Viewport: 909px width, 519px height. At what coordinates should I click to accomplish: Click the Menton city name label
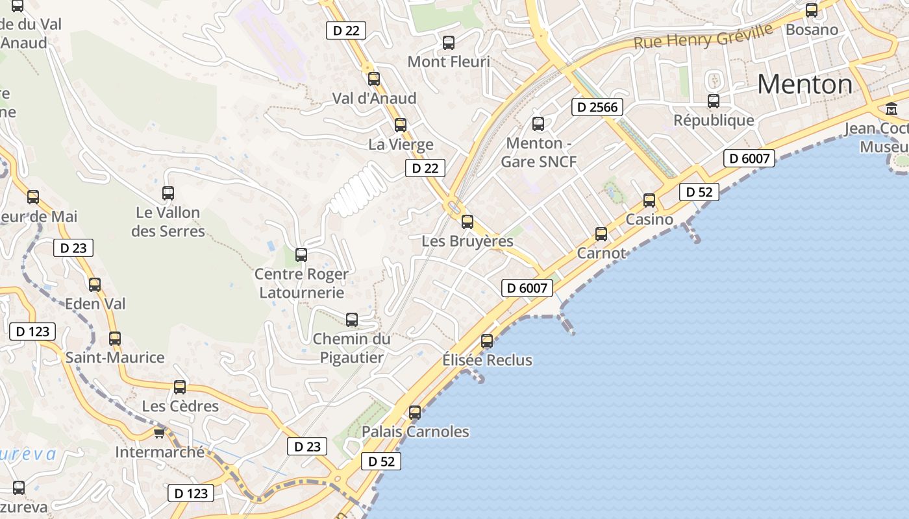click(804, 84)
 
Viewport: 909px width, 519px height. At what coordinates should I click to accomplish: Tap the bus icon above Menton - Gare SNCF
click(538, 124)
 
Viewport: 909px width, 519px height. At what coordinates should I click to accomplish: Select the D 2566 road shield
click(597, 107)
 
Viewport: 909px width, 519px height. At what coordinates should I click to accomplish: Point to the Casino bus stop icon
click(649, 200)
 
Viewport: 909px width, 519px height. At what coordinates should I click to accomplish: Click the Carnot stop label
click(601, 253)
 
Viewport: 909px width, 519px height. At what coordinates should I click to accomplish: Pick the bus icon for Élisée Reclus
click(487, 341)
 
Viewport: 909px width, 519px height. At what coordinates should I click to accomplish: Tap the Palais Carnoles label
click(415, 431)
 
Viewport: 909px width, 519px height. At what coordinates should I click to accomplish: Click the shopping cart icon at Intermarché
click(159, 433)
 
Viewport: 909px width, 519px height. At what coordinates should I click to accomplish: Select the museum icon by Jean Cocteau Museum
click(891, 109)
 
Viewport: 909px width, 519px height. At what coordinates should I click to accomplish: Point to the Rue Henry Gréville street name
click(703, 36)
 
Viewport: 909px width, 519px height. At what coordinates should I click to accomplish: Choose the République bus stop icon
click(714, 101)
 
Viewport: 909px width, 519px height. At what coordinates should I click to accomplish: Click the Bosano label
click(812, 30)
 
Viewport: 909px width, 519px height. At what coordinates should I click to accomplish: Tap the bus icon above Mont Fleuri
click(449, 43)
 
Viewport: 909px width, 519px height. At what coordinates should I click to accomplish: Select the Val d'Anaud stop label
click(374, 99)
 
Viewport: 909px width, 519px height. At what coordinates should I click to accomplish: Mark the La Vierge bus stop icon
click(401, 125)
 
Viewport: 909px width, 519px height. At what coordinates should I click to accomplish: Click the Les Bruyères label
click(467, 241)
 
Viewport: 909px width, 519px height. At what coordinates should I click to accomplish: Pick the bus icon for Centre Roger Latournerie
click(301, 255)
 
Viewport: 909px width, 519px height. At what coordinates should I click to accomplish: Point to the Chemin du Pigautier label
click(352, 348)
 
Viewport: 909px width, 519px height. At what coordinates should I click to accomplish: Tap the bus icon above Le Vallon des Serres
click(168, 193)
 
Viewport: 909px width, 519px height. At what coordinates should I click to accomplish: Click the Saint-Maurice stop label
click(115, 357)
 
